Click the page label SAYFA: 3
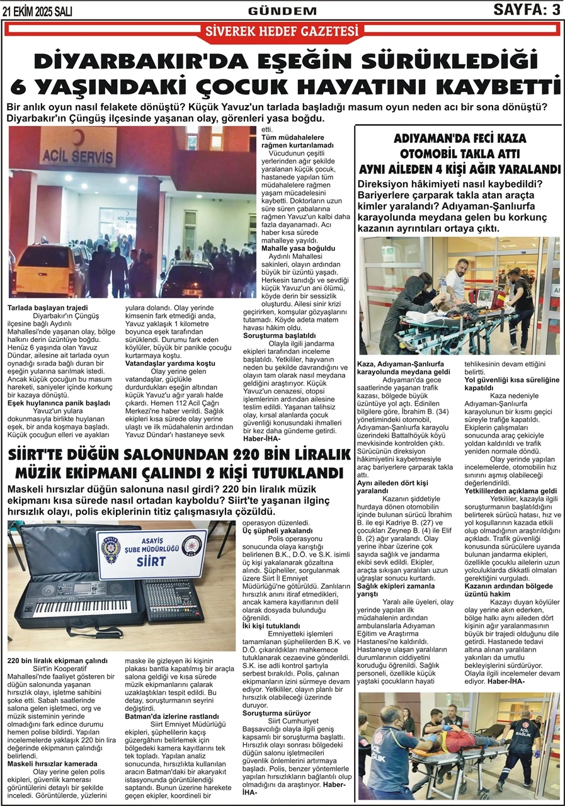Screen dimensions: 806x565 coord(527,9)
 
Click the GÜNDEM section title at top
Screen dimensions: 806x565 coord(282,11)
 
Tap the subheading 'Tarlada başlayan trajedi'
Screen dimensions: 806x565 coord(48,309)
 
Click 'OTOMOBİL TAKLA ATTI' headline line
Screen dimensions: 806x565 coord(459,154)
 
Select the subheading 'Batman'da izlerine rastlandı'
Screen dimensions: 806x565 coord(172,716)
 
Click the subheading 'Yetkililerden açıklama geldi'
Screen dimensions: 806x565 coord(511,491)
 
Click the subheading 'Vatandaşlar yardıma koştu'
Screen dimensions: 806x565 coord(170,364)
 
